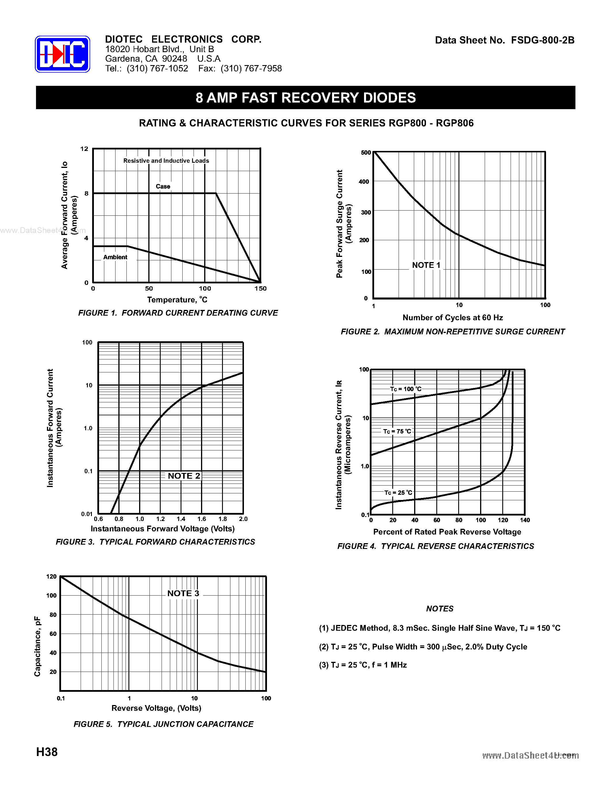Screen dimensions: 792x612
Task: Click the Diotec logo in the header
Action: click(62, 54)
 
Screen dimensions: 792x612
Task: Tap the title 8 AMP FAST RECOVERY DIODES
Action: click(306, 98)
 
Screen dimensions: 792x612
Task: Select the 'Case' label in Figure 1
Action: click(163, 186)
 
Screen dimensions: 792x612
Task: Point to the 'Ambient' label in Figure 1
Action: click(115, 257)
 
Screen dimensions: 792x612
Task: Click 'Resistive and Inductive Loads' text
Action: click(166, 161)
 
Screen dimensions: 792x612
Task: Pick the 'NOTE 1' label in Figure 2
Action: click(426, 265)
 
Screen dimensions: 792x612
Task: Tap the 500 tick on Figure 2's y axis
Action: click(366, 153)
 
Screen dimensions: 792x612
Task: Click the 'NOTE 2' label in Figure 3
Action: click(184, 476)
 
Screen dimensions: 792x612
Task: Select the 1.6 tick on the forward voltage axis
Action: click(202, 519)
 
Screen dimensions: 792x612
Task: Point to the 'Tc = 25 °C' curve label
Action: click(398, 492)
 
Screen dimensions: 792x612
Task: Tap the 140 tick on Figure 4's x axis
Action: click(525, 520)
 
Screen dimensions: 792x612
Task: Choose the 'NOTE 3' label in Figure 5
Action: click(183, 593)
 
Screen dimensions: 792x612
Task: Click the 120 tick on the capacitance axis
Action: click(52, 577)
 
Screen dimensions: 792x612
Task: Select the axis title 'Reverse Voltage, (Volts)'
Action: click(156, 708)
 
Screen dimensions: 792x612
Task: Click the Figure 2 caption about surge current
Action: click(452, 331)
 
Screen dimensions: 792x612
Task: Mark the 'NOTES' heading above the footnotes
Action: click(439, 609)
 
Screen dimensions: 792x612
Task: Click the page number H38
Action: click(47, 752)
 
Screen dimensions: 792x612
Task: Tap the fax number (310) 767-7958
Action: click(251, 69)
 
